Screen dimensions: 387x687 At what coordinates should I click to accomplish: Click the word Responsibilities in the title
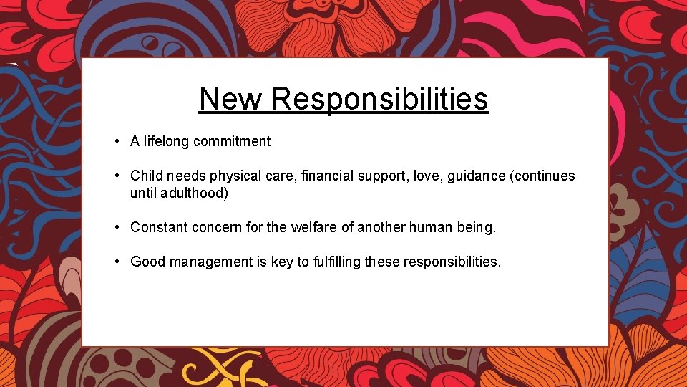coord(379,99)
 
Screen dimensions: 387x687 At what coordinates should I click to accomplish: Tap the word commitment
coord(235,141)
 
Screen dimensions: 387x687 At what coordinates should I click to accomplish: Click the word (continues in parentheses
coord(543,176)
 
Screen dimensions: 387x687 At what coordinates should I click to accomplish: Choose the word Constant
coord(157,227)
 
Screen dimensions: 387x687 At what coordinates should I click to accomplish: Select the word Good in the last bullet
coord(147,262)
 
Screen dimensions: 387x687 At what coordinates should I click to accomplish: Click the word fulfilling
coord(337,262)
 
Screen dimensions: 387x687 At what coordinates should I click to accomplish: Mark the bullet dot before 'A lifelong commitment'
coord(116,141)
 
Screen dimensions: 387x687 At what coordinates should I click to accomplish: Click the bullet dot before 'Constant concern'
coord(116,227)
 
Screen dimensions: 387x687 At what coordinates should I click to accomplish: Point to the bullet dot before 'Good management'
coord(116,262)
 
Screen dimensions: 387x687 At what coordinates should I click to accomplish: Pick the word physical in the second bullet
coord(235,176)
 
